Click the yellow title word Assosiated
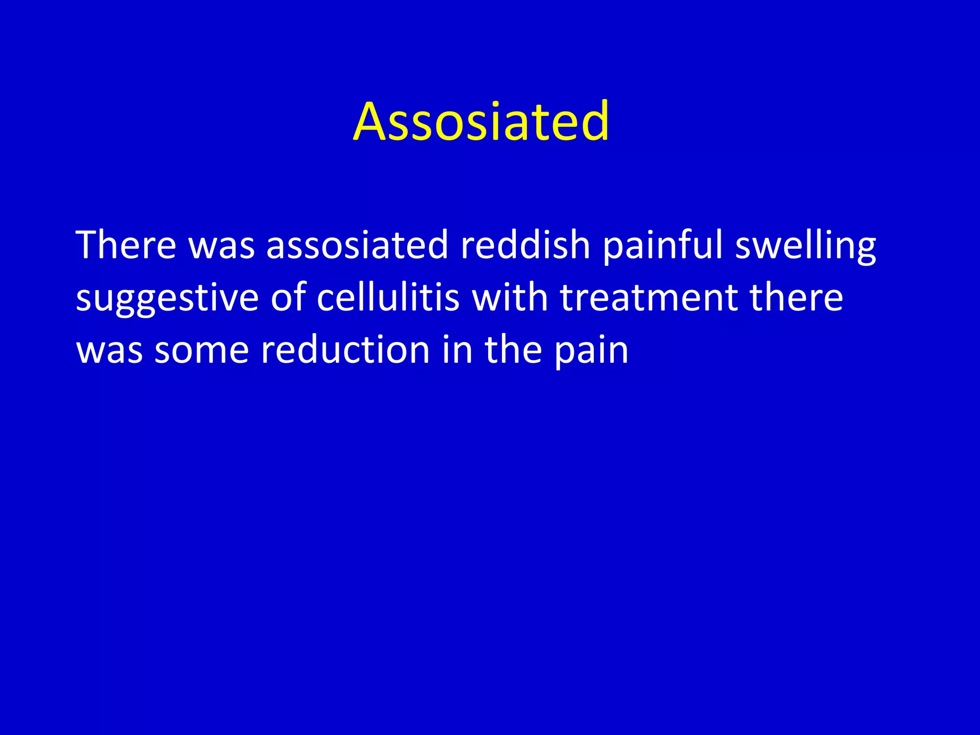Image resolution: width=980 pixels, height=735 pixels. pos(481,122)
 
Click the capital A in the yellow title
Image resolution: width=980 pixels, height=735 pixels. pos(369,122)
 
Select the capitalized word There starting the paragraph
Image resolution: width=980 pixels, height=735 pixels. pos(126,245)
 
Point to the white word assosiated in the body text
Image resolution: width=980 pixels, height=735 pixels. pos(357,245)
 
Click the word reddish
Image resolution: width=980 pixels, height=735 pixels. pos(525,245)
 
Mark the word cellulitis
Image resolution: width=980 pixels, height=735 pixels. pos(388,298)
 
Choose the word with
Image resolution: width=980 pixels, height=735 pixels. pos(510,298)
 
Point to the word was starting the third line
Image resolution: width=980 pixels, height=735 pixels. pos(110,351)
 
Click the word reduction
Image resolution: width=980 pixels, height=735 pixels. pos(345,350)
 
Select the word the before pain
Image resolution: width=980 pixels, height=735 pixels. pos(513,350)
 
